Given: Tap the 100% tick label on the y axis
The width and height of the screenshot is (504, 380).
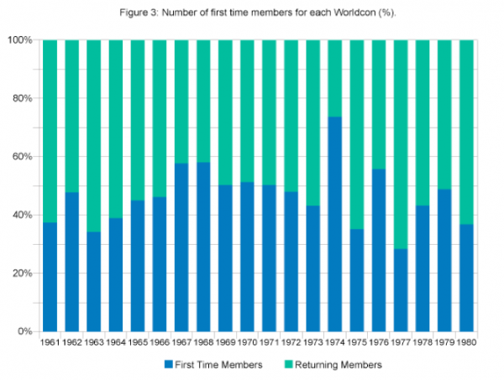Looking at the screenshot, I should pos(21,40).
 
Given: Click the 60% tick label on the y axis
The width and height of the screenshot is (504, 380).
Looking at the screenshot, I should pos(24,157).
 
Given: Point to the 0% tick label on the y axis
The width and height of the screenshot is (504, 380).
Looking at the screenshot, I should pos(26,331).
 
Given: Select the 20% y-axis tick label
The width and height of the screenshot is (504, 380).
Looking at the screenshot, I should pos(24,273).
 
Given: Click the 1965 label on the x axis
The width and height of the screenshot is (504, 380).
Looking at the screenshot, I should pos(139,343).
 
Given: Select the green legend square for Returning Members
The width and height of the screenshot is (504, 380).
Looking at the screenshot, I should pos(286,365).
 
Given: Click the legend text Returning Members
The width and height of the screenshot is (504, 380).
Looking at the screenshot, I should pos(338,365).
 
